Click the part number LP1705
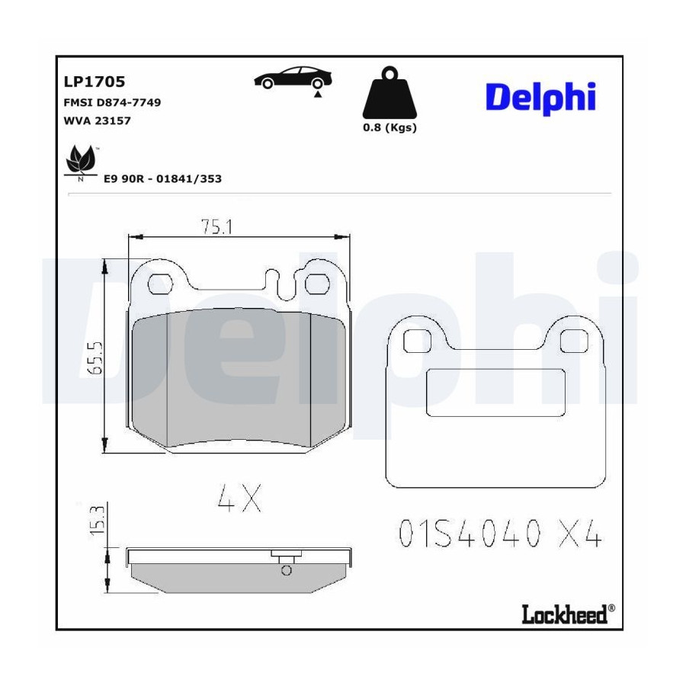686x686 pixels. (x=95, y=82)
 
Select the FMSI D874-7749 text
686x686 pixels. (x=113, y=102)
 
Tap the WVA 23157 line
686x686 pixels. (x=97, y=120)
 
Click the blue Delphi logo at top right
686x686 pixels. (x=540, y=98)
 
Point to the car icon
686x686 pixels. (x=293, y=78)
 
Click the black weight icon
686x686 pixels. (x=389, y=92)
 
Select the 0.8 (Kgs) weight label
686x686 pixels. (x=389, y=128)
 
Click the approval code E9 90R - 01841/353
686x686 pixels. (x=163, y=178)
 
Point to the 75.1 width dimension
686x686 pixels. (x=216, y=226)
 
